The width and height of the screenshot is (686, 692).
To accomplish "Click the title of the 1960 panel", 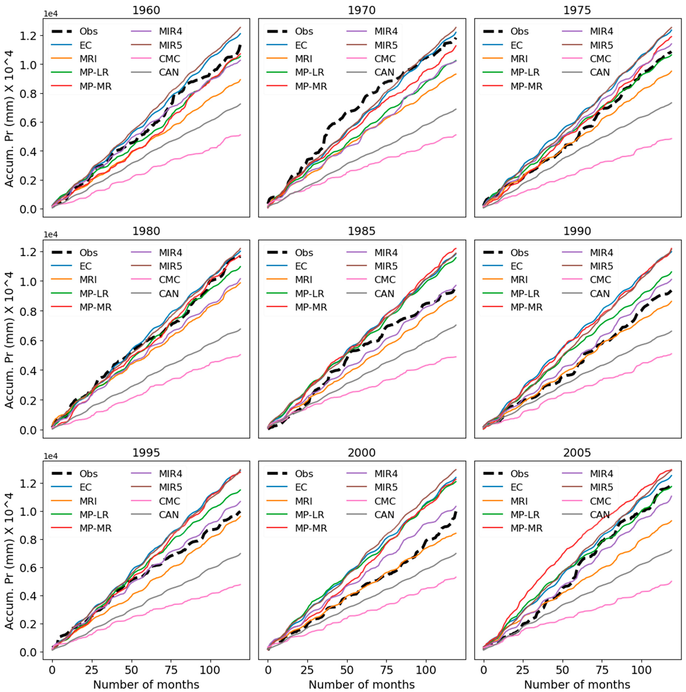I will (146, 10).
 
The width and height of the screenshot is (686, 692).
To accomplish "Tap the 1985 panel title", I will (362, 231).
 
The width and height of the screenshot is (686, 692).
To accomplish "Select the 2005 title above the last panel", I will (577, 453).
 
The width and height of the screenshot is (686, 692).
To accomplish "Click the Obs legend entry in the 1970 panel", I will (304, 31).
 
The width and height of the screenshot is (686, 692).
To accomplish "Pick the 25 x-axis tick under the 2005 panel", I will (523, 668).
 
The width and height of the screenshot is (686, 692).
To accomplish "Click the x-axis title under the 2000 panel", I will (362, 684).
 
